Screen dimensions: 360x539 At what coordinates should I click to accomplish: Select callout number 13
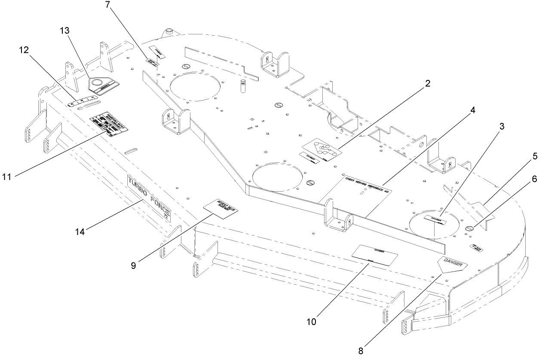(65, 31)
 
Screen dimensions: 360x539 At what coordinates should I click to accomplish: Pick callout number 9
(134, 265)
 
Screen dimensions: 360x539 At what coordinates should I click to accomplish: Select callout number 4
(472, 110)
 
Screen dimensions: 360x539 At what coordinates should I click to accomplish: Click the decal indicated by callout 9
(222, 206)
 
